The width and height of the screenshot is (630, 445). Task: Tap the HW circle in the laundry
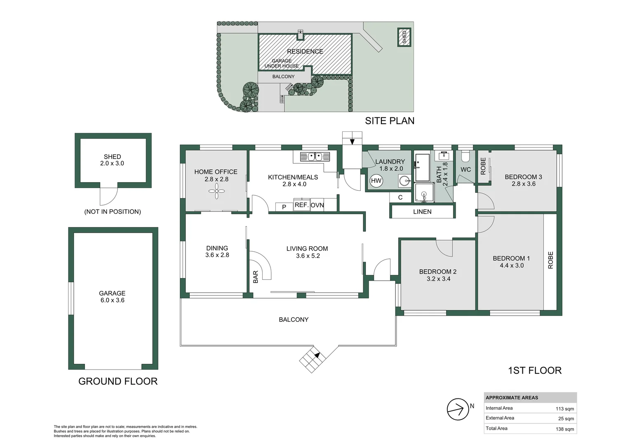(376, 180)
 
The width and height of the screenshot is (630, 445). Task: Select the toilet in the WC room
(465, 157)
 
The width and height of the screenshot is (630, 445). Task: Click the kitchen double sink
(315, 157)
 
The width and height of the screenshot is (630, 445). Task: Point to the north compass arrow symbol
(457, 409)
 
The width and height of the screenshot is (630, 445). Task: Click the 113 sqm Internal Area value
(564, 409)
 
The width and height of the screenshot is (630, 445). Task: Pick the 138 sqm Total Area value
(564, 429)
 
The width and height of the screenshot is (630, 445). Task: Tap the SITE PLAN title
(389, 121)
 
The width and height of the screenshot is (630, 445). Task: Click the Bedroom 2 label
(437, 272)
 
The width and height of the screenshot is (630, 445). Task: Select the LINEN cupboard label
(422, 212)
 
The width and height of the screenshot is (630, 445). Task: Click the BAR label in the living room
(256, 276)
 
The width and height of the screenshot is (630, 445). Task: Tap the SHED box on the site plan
(404, 37)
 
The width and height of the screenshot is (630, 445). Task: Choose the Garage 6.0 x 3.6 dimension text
(112, 300)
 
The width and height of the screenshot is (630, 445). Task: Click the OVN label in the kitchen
(317, 205)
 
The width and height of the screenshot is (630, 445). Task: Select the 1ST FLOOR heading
(534, 370)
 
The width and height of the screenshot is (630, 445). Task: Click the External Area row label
(500, 418)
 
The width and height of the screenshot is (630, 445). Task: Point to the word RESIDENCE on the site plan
(305, 52)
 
